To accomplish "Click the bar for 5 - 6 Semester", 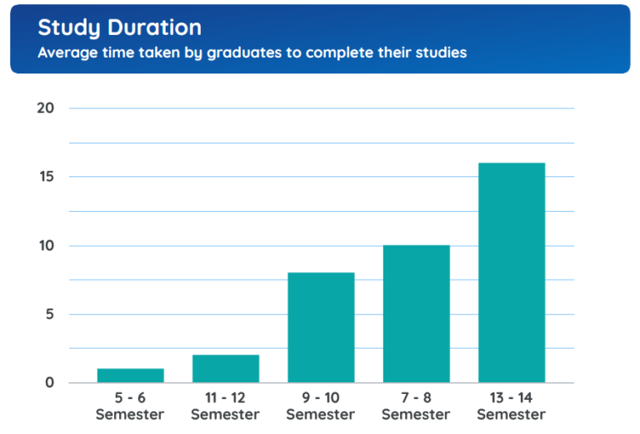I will click(x=130, y=376).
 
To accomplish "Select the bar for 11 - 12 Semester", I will click(x=225, y=369).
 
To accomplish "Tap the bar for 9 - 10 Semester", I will click(x=321, y=328).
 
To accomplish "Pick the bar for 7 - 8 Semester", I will click(x=416, y=314).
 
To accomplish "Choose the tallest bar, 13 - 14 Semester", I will click(x=512, y=273).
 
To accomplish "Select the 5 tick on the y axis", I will click(x=49, y=315).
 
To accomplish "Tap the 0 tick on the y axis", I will click(x=49, y=383).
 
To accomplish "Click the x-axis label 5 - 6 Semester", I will click(x=130, y=406).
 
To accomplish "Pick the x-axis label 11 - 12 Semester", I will click(x=225, y=406).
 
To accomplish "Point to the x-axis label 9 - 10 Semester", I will click(x=321, y=406).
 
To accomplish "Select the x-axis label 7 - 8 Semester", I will click(x=416, y=406).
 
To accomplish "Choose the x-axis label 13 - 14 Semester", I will click(x=512, y=406).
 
